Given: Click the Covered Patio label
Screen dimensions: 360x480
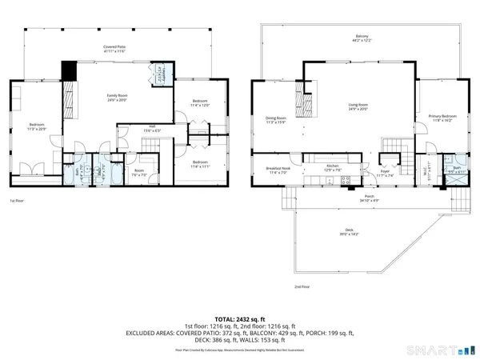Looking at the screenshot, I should [x=114, y=48].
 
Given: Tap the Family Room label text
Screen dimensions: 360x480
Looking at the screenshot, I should [x=118, y=96].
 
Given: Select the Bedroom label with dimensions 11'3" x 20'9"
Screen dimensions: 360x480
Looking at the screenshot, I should [x=37, y=126].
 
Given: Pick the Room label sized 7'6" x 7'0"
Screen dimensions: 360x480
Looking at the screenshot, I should [x=139, y=171].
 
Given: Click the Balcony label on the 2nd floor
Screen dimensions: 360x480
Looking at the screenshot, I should [x=362, y=38].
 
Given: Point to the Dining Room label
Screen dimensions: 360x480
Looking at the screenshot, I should [x=276, y=120].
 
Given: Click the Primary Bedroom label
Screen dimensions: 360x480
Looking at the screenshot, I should [x=441, y=118].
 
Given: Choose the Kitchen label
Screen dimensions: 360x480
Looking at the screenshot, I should [x=331, y=169].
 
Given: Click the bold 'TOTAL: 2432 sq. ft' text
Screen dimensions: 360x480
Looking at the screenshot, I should [x=239, y=318].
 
